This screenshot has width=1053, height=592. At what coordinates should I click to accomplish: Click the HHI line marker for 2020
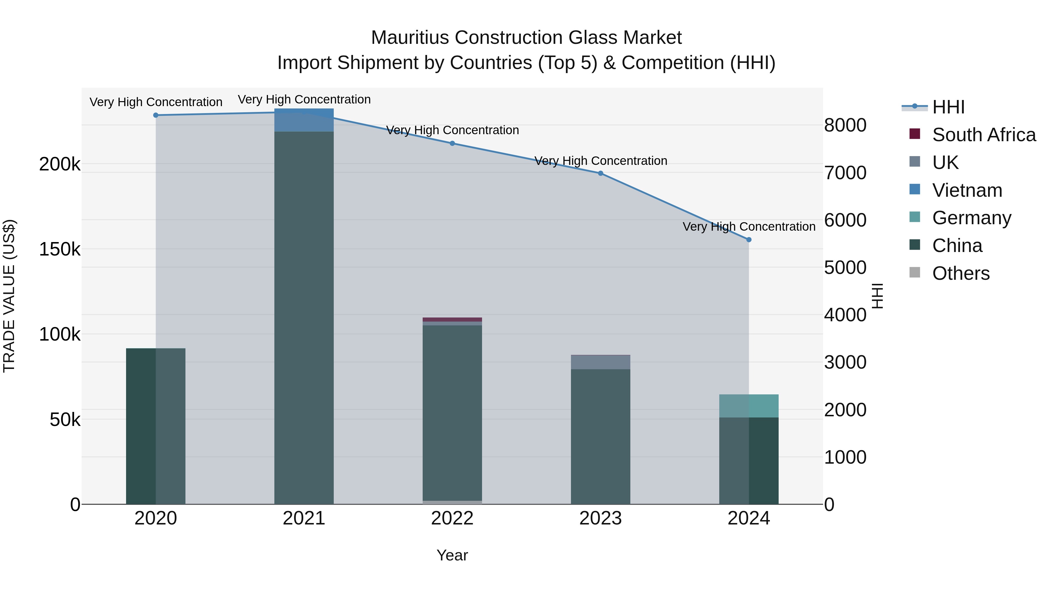pos(156,115)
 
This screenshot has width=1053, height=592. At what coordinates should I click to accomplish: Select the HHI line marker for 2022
pos(452,144)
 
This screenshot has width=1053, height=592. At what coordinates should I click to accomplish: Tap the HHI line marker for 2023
pos(601,173)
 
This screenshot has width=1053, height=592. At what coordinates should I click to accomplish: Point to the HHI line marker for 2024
pos(749,240)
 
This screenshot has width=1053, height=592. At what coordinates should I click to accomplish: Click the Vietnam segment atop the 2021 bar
pos(304,120)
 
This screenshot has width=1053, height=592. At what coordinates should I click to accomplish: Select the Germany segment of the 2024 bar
pos(749,406)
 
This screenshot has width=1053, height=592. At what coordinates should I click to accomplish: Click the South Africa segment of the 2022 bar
pos(452,320)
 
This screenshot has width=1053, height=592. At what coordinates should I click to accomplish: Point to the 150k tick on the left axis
pos(60,249)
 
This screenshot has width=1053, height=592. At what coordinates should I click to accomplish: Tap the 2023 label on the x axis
pos(601,518)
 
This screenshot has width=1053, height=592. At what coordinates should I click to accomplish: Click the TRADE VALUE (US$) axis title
pos(9,296)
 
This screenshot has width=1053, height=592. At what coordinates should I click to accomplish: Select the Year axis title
pos(452,555)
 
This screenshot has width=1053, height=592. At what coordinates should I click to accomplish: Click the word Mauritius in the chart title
pos(410,38)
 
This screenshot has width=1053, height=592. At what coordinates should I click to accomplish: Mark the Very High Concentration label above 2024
pos(749,226)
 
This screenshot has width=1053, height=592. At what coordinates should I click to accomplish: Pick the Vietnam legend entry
pos(967,190)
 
